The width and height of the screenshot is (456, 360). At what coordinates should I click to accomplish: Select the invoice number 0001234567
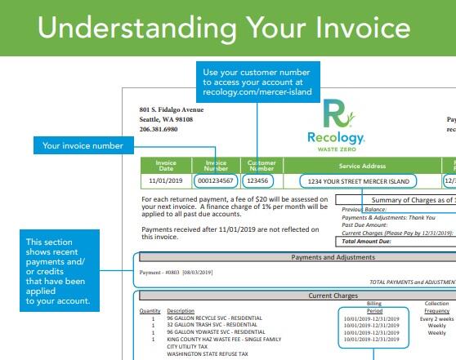(217, 180)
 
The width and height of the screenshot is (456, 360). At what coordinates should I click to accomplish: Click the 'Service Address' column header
(355, 163)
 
